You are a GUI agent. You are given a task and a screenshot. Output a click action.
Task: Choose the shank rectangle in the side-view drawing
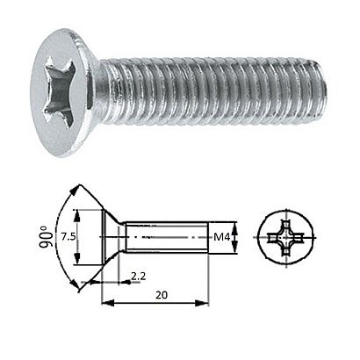point(167,235)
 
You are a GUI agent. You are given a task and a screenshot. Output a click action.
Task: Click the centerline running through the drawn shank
point(176,235)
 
